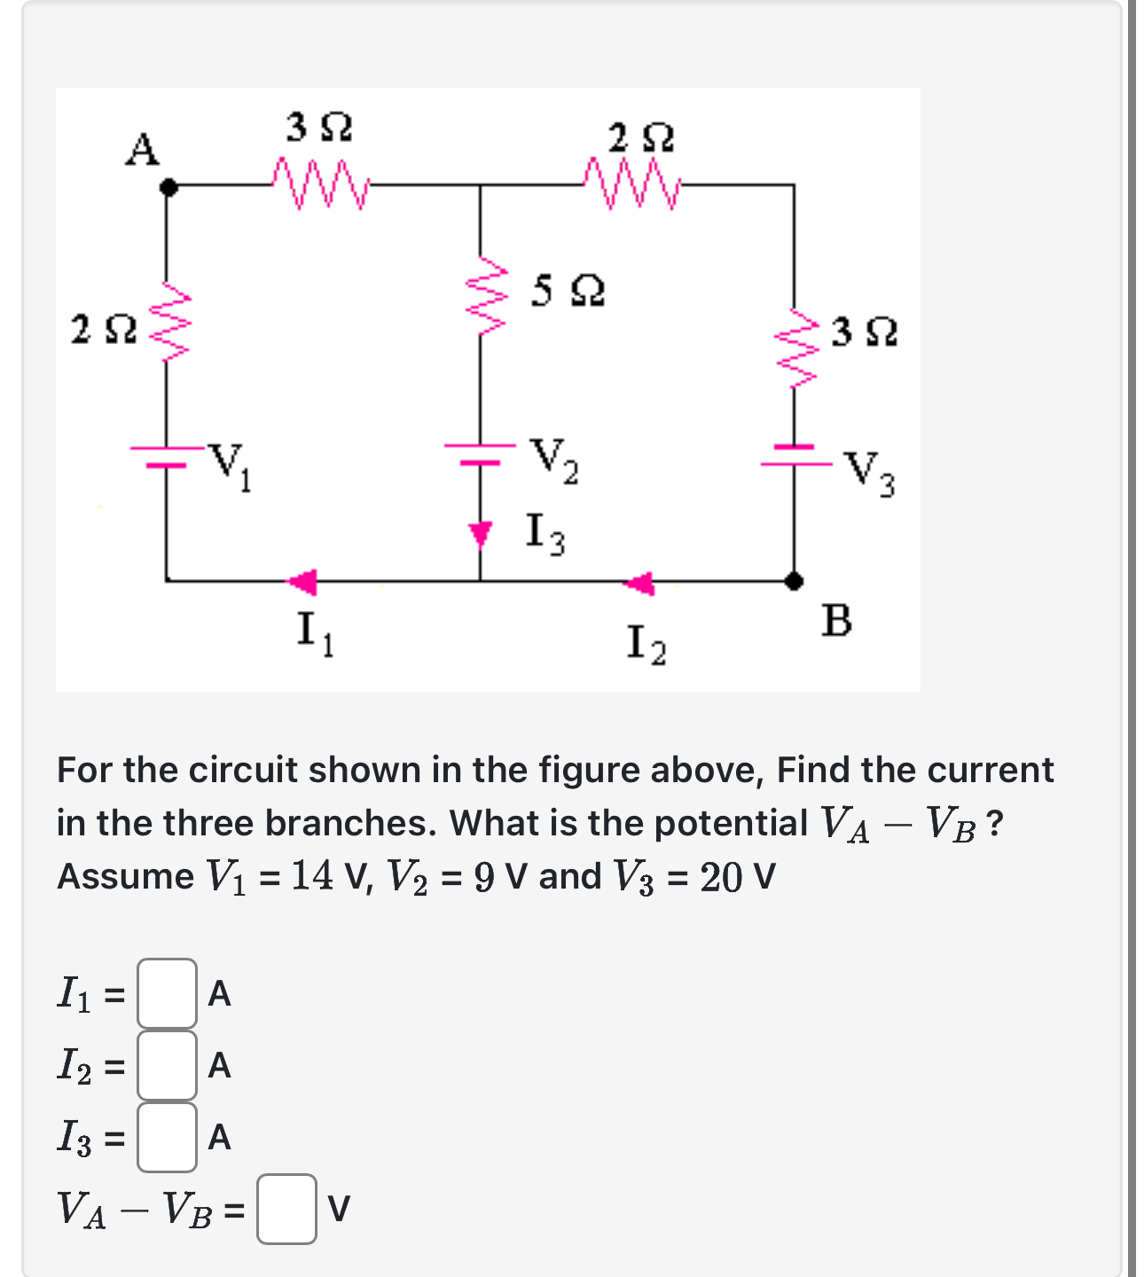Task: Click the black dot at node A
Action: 167,187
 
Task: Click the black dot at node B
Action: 795,581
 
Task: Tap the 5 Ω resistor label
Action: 568,290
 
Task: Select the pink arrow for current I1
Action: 302,582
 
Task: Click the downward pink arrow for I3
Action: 480,534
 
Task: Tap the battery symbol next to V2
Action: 480,452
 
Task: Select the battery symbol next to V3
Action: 793,454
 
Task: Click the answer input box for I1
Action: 167,993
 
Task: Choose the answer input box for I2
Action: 167,1064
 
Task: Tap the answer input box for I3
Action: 167,1136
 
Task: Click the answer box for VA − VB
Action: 286,1209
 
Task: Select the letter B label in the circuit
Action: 836,621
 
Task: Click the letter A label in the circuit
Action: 142,149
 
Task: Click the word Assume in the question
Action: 125,876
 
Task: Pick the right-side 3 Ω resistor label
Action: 864,332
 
